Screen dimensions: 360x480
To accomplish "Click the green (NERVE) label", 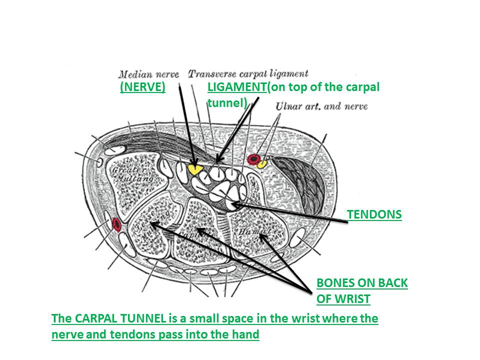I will point(142,87).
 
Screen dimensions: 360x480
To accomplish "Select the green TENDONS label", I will point(374,214).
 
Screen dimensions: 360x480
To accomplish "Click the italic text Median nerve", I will point(148,74).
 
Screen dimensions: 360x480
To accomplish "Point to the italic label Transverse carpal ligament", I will point(248,74).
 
